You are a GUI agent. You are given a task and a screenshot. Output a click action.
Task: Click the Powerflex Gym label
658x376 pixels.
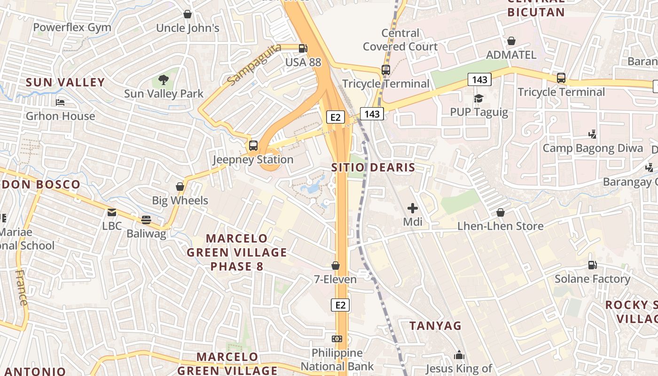coord(72,27)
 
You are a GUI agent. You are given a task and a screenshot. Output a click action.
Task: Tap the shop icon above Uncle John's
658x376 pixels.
coord(188,14)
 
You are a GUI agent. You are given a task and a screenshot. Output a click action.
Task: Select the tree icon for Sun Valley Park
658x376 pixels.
coord(163,80)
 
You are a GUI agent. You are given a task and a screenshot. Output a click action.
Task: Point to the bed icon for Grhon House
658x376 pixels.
coord(60,102)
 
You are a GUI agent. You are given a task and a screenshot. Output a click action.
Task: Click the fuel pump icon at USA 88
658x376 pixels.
coord(303,48)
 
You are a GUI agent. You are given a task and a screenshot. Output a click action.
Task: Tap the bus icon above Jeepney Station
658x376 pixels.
coord(253,146)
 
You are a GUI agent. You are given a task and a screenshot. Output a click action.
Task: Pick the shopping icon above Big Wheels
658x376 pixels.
coord(180,187)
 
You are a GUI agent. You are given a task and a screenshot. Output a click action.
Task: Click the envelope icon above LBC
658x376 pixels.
coord(112,212)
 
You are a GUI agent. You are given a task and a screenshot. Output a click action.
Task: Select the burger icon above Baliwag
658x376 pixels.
coord(146,219)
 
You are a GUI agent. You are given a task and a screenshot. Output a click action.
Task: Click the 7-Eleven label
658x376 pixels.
coord(335,279)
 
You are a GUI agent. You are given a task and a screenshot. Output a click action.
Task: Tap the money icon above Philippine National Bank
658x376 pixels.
coord(337,339)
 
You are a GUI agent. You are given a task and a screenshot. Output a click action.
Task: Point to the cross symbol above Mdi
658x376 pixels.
coord(413,208)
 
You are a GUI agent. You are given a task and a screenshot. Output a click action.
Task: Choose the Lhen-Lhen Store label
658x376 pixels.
coord(501,226)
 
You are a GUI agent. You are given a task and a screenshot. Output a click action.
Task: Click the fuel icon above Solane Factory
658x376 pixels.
coord(592,265)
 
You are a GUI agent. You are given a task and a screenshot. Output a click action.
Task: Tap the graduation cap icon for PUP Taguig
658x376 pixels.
coord(478,98)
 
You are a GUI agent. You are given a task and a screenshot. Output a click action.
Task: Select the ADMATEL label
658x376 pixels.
coord(511,55)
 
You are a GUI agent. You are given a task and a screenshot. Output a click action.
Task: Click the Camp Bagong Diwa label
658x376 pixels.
coord(593,149)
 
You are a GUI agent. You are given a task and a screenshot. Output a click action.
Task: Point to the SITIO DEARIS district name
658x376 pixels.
coord(373,167)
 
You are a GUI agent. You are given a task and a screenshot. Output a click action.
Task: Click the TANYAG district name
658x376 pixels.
coord(435,326)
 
